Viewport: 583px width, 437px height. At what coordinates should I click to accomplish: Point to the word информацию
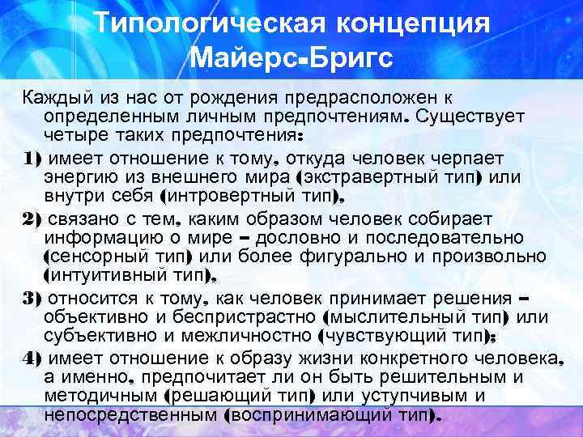[x=104, y=238]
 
